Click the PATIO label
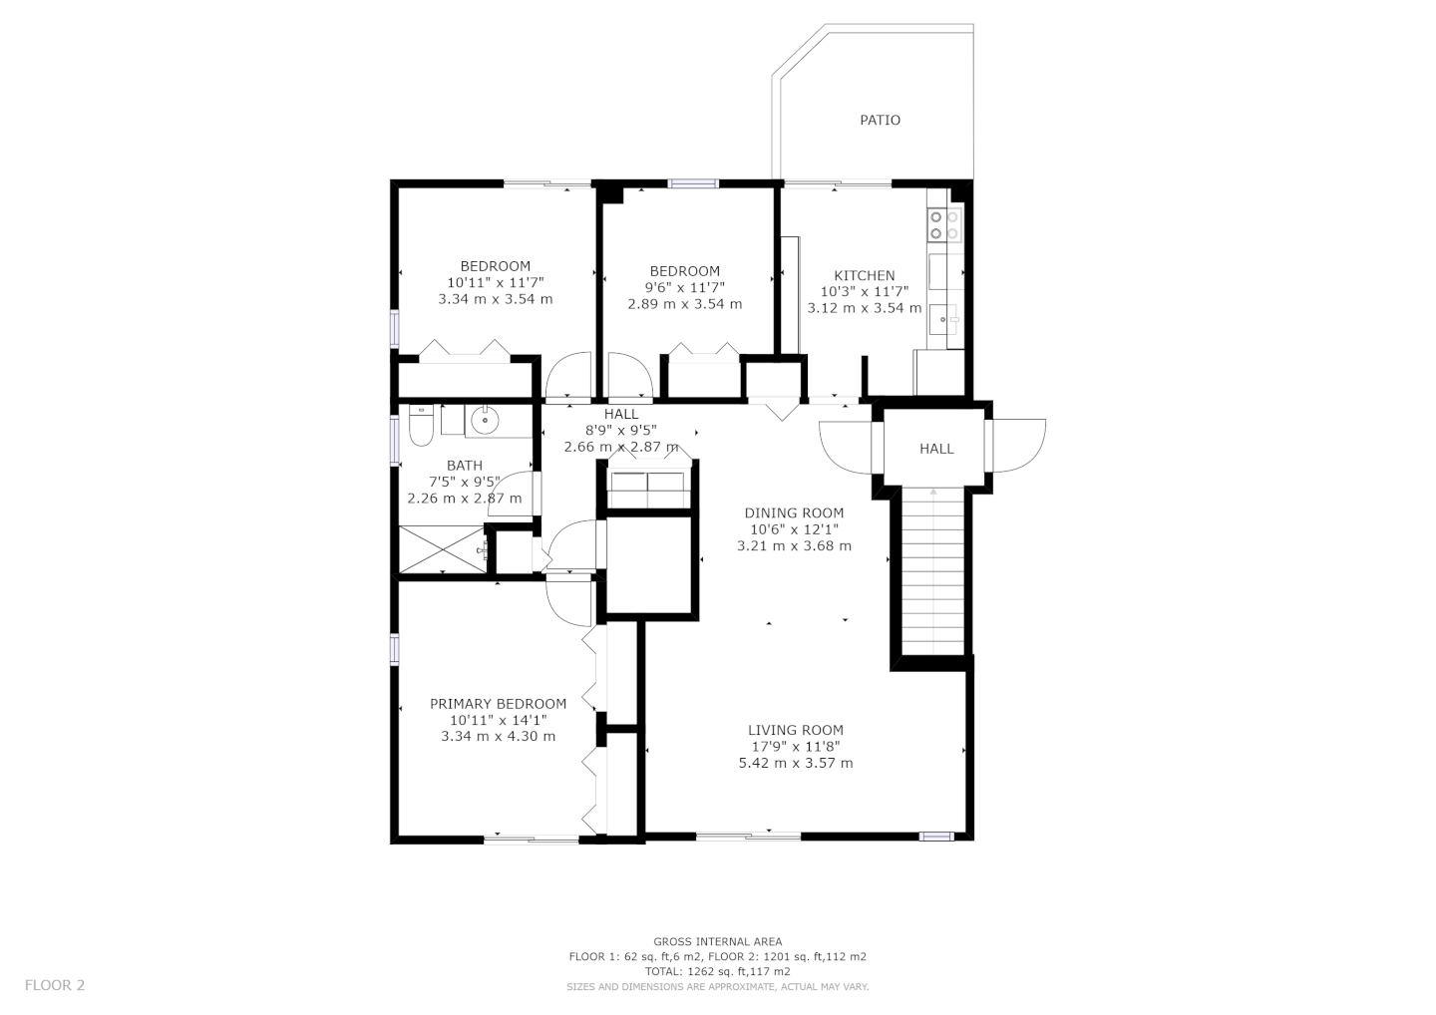[x=880, y=120]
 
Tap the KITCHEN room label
[x=865, y=275]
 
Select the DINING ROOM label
[x=794, y=512]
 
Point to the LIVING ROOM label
[x=796, y=730]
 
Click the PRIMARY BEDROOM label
[x=499, y=704]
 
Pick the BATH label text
[x=465, y=466]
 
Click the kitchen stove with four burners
[x=945, y=225]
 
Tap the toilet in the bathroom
[x=421, y=425]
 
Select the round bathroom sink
[x=485, y=421]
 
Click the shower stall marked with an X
[x=443, y=549]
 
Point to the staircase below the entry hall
[x=933, y=570]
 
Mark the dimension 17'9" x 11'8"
[x=796, y=747]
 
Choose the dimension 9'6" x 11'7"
[x=685, y=287]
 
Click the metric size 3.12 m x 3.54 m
[x=865, y=308]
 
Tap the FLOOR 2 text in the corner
[x=55, y=985]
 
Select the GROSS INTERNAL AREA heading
[x=717, y=941]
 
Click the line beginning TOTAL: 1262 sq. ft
[x=717, y=971]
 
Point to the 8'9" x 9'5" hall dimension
[x=620, y=430]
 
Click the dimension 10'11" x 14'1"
[x=499, y=720]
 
